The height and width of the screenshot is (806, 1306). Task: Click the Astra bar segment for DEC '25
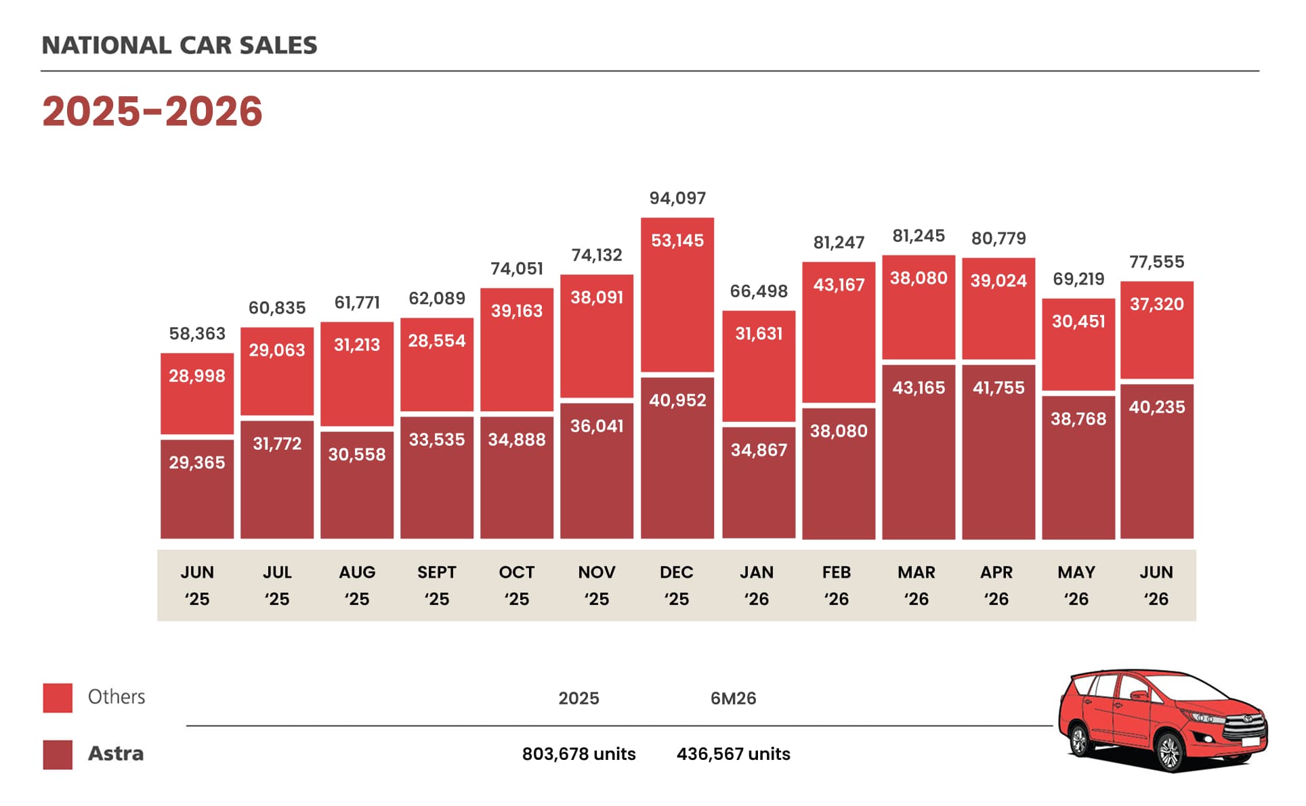tap(677, 458)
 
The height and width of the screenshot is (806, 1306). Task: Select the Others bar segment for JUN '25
tap(197, 394)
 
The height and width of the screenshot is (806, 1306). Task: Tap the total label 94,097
tap(677, 198)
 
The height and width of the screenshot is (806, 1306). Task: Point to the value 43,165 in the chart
tap(919, 387)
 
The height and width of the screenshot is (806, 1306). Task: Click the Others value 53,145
tap(677, 240)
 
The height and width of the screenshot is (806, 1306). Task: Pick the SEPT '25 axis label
tap(437, 585)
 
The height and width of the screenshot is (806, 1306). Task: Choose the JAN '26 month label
tap(757, 585)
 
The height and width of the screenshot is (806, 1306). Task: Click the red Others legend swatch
tap(58, 698)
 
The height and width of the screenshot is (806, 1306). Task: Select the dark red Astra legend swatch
tap(58, 755)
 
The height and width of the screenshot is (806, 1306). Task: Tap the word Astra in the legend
tap(116, 753)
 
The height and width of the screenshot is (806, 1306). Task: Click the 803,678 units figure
tap(578, 754)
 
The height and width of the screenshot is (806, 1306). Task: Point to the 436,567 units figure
tap(733, 754)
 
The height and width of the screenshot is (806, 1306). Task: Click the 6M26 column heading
tap(733, 698)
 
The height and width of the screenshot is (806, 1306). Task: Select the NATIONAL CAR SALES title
tap(180, 45)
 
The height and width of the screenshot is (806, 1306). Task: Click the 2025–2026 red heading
tap(152, 111)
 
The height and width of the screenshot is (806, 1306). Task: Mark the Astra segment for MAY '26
tap(1078, 467)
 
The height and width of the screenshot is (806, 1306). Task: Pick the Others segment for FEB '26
tap(839, 333)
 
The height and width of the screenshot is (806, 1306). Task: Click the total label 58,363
tap(197, 333)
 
